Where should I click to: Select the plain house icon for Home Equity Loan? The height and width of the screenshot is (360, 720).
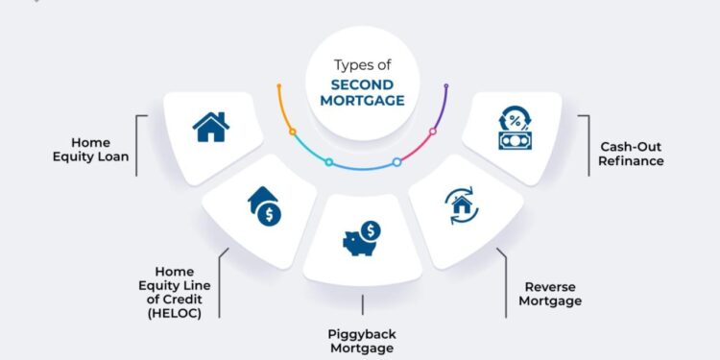(x=211, y=126)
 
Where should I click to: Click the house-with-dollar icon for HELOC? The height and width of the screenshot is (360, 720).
(x=265, y=204)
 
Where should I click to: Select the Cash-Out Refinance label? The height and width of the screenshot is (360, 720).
(x=632, y=154)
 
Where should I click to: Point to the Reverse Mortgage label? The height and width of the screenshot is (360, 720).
(x=552, y=293)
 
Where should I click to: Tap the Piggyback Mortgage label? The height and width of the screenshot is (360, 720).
(x=361, y=341)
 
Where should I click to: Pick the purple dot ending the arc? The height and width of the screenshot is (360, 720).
(x=446, y=88)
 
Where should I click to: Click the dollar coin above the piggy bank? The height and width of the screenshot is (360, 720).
(x=372, y=229)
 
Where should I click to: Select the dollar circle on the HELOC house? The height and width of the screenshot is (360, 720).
(x=271, y=213)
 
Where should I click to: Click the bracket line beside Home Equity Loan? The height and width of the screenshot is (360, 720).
(x=137, y=145)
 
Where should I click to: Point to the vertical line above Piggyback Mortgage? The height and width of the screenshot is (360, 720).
(x=361, y=305)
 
